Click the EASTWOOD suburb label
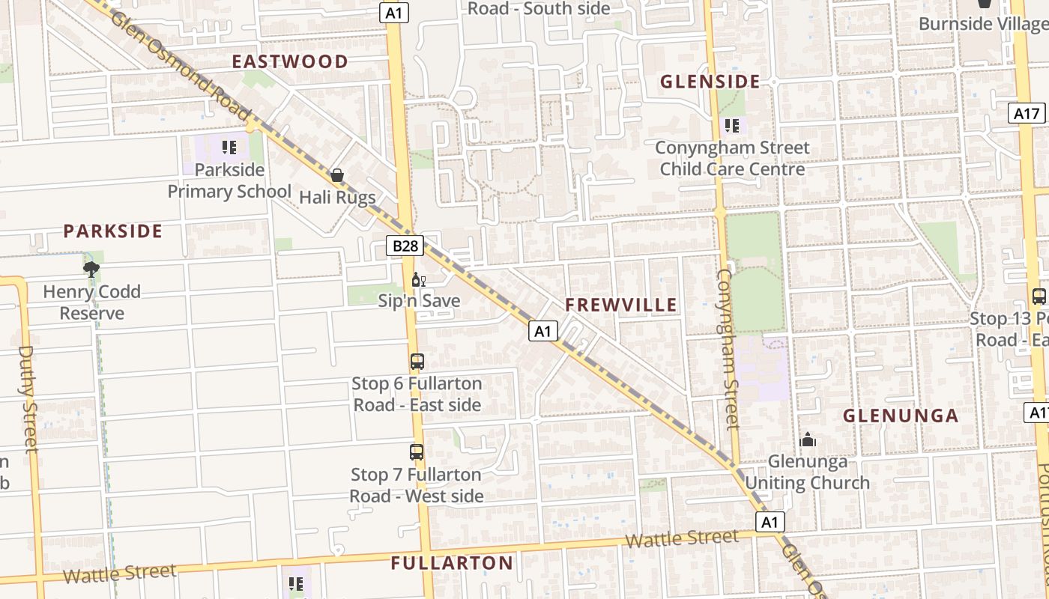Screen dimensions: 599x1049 (x=290, y=61)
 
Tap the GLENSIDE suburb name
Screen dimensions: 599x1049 (x=710, y=82)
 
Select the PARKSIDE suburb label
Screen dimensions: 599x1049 (x=112, y=231)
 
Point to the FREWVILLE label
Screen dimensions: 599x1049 (x=621, y=305)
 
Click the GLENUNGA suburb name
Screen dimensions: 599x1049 (x=901, y=416)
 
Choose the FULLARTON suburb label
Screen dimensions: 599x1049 (x=453, y=563)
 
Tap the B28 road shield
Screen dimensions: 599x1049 (x=405, y=246)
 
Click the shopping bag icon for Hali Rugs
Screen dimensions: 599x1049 (x=337, y=176)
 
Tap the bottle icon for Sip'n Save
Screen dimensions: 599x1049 (x=418, y=280)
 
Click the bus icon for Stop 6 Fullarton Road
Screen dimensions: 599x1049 (x=417, y=362)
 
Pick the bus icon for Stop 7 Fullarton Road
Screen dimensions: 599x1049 (x=417, y=452)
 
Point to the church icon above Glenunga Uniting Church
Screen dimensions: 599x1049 (x=807, y=440)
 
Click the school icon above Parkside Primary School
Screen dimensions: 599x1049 (x=229, y=147)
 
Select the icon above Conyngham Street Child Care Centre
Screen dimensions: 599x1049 (x=731, y=125)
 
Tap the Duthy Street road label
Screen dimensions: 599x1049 (x=28, y=398)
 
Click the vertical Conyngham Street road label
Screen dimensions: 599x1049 (x=728, y=349)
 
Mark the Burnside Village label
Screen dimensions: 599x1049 (x=982, y=23)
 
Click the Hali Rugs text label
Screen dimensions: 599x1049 (x=337, y=197)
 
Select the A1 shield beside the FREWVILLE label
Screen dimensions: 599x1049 (x=543, y=330)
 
